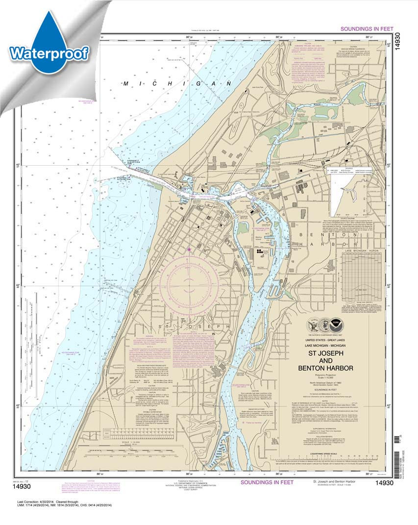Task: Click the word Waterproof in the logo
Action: point(49,52)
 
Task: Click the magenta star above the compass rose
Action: point(189,250)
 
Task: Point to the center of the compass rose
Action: point(189,284)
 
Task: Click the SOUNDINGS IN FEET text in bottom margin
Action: point(267,482)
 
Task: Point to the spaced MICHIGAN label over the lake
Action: point(169,84)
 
